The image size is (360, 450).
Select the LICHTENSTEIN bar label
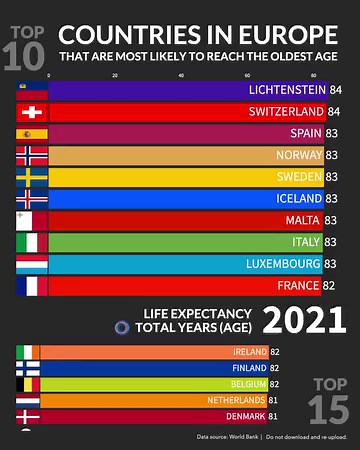pos(286,89)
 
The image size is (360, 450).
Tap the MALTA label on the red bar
pos(303,220)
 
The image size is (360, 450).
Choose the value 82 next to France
pos(335,286)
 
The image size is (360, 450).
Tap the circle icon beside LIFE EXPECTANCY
pos(122,326)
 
